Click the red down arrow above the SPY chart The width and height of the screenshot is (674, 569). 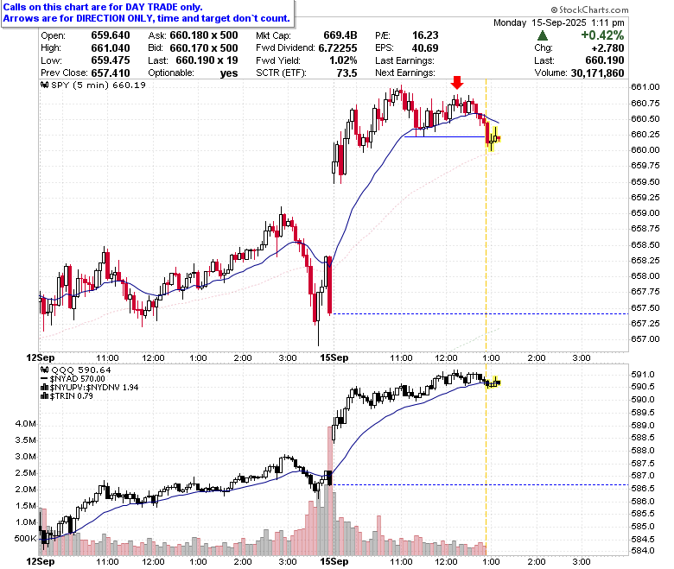pyautogui.click(x=457, y=82)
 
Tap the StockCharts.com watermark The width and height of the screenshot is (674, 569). pyautogui.click(x=589, y=9)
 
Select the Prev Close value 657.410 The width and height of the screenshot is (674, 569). pyautogui.click(x=111, y=73)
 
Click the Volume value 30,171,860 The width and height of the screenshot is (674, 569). pyautogui.click(x=597, y=73)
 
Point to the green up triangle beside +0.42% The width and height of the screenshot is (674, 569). pyautogui.click(x=543, y=35)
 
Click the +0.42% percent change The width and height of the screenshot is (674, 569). pyautogui.click(x=602, y=35)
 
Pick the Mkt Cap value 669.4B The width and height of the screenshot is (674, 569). pyautogui.click(x=340, y=35)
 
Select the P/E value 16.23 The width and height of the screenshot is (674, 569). pyautogui.click(x=425, y=35)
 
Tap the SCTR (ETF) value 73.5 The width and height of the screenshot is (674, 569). pyautogui.click(x=347, y=73)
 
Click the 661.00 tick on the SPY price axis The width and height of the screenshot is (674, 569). pyautogui.click(x=645, y=86)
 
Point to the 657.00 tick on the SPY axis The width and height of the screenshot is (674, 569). pyautogui.click(x=645, y=338)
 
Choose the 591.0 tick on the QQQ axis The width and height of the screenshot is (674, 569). pyautogui.click(x=643, y=375)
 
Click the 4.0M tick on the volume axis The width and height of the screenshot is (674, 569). pyautogui.click(x=25, y=424)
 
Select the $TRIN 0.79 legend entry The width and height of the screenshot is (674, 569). pyautogui.click(x=67, y=396)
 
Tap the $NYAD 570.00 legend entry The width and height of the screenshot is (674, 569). pyautogui.click(x=73, y=379)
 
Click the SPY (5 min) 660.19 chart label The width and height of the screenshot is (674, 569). pyautogui.click(x=93, y=85)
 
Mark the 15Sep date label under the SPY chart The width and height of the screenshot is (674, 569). pyautogui.click(x=334, y=357)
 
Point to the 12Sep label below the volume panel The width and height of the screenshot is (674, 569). pyautogui.click(x=41, y=561)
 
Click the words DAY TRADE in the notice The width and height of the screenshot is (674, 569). pyautogui.click(x=151, y=7)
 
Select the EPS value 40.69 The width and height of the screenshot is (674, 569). pyautogui.click(x=425, y=48)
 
